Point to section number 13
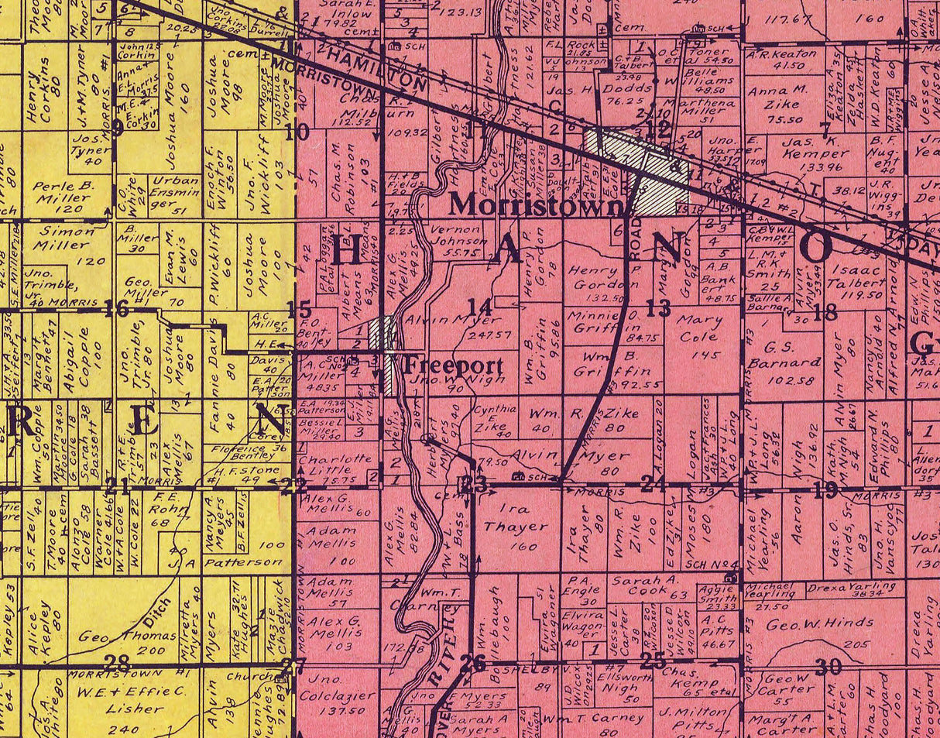point(658,309)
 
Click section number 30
point(828,666)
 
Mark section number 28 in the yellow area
point(118,662)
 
